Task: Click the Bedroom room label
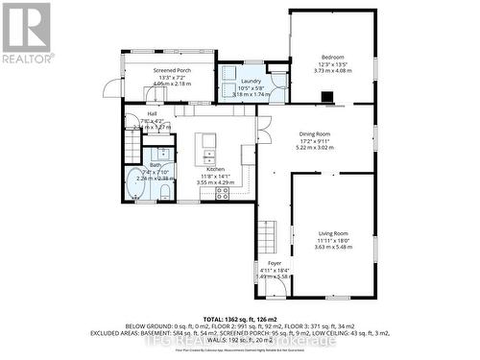[332, 58]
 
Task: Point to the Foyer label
[275, 262]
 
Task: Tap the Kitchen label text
[214, 168]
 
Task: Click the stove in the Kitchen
[222, 193]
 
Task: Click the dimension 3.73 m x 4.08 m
[332, 70]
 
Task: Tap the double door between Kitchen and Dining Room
[256, 134]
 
